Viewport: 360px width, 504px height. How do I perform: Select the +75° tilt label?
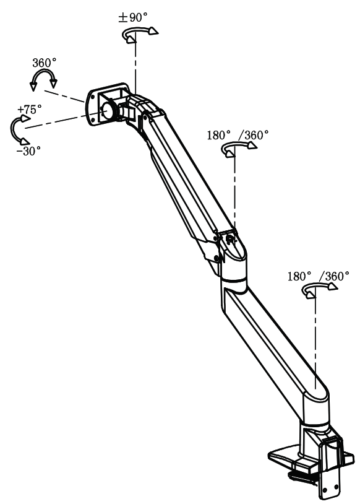[29, 109]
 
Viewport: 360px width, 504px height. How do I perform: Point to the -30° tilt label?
[28, 150]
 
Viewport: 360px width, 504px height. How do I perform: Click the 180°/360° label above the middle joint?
[238, 134]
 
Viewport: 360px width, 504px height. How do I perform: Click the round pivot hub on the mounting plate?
[108, 109]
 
